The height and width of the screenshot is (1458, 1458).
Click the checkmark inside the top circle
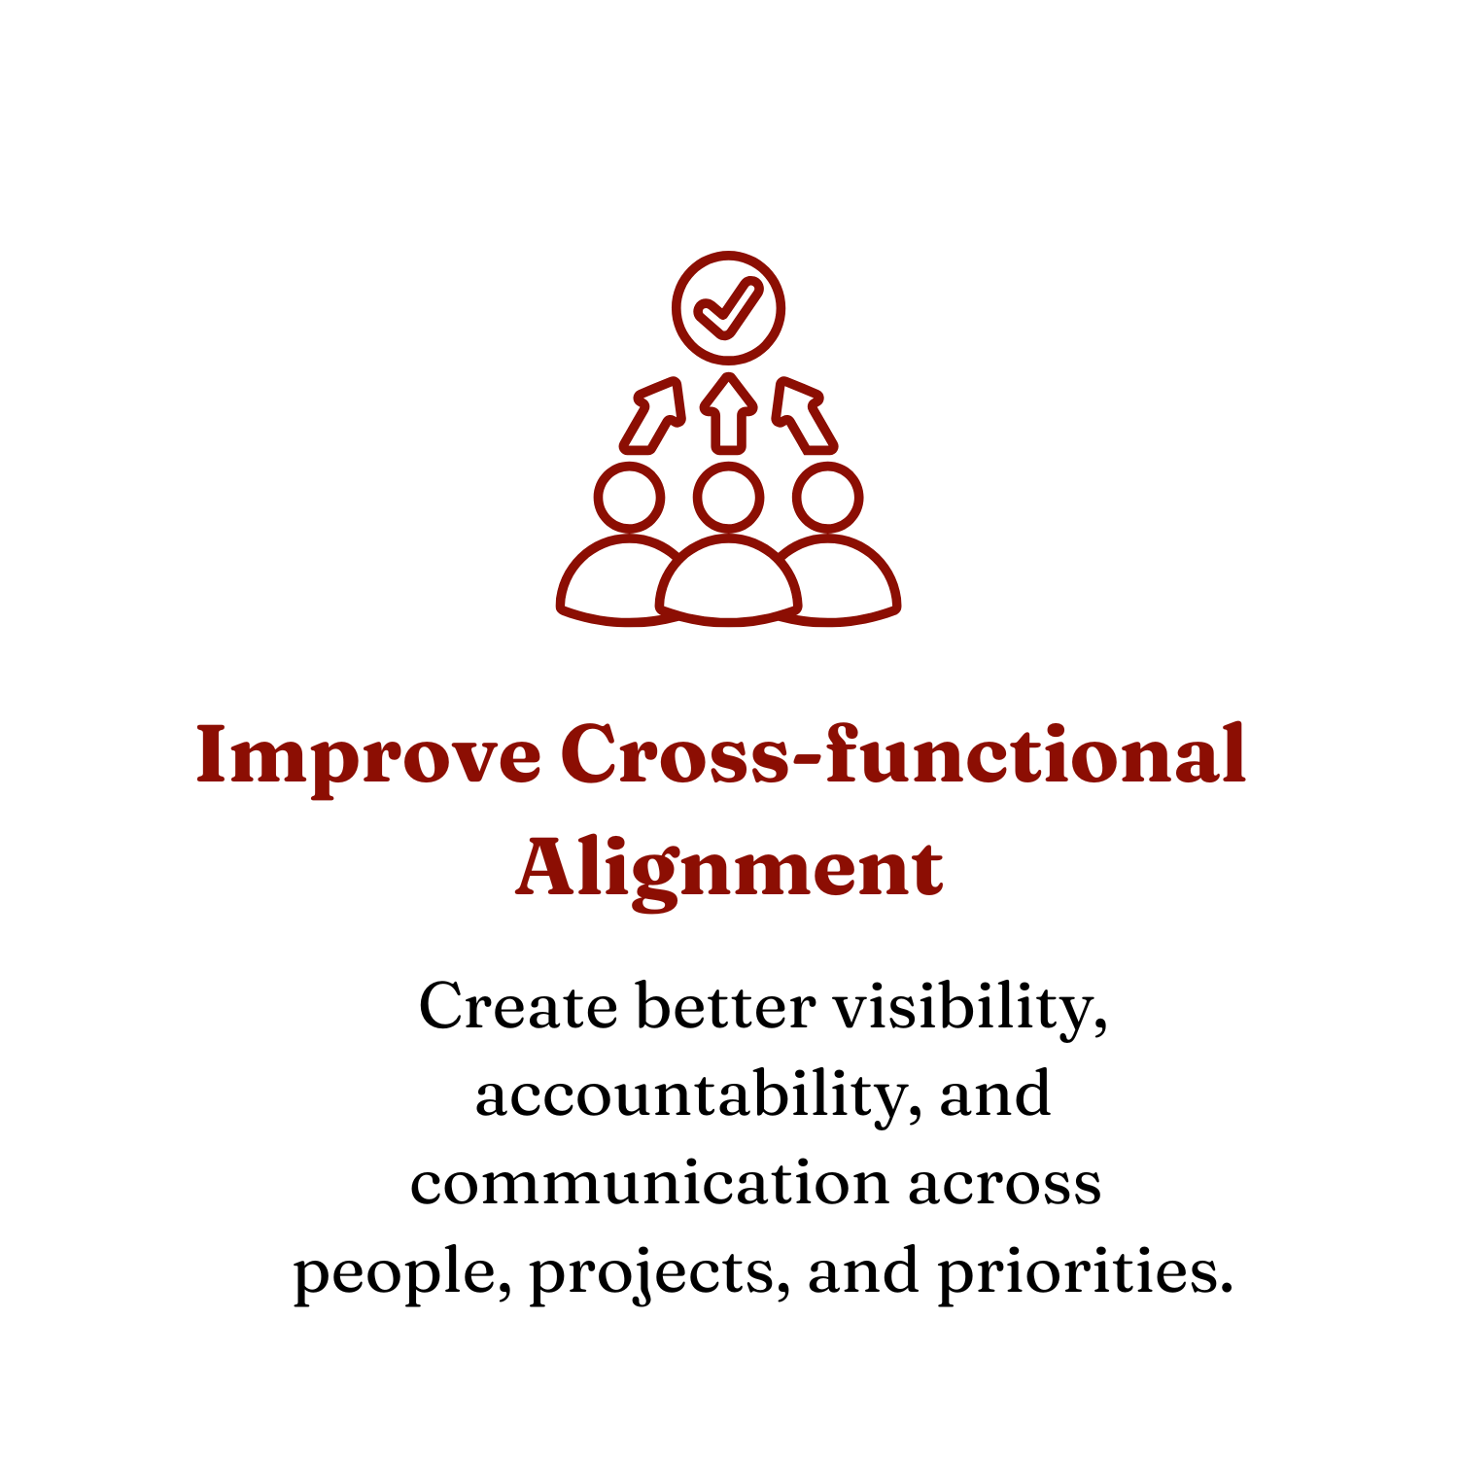coord(729,307)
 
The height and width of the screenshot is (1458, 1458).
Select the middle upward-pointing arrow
coord(729,413)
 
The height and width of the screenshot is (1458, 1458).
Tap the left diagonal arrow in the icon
coord(653,416)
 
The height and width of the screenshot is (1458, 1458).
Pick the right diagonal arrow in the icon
coord(804,416)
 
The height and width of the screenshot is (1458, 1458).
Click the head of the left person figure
coord(630,498)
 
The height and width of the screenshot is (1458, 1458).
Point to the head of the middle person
coord(729,498)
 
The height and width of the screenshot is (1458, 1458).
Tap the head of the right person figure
coord(828,498)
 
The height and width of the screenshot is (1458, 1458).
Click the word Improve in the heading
coord(368,757)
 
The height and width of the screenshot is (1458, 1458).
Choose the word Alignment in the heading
coord(729,868)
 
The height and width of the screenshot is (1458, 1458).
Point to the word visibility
coord(970,1009)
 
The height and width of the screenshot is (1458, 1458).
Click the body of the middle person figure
coord(729,583)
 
